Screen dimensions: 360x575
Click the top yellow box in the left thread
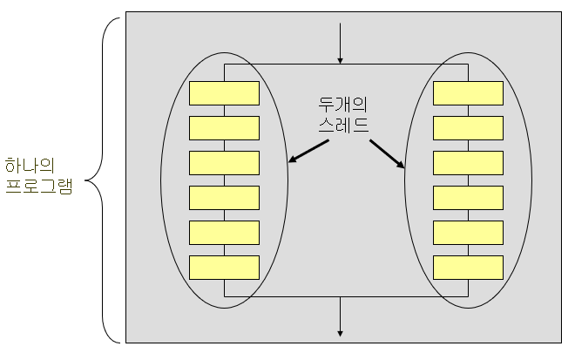(224, 92)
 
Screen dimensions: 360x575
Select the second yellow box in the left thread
(224, 127)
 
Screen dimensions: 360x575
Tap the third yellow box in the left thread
(224, 162)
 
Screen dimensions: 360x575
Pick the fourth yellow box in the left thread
(224, 197)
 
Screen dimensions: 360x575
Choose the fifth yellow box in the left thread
(224, 232)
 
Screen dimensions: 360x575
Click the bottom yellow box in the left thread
(224, 267)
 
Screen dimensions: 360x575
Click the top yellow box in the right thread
(468, 92)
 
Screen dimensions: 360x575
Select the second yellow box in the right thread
(468, 127)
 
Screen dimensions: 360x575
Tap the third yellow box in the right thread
(468, 162)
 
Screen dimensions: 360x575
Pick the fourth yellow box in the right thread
(468, 197)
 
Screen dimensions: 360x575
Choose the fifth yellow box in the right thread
(468, 232)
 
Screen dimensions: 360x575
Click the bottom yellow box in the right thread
(468, 267)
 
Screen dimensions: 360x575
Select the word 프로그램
(38, 186)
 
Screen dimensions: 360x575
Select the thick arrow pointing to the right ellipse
(387, 153)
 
